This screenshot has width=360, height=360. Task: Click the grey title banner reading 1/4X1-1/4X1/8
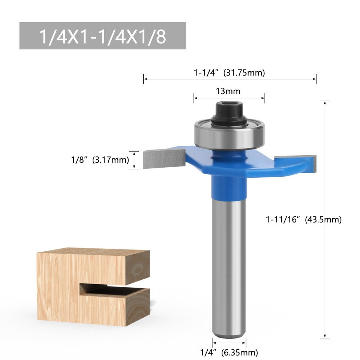tap(102, 36)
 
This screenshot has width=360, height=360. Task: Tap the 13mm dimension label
tap(228, 91)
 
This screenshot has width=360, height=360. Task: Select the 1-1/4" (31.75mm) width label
tap(229, 73)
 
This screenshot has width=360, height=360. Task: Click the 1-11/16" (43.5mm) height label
tap(304, 220)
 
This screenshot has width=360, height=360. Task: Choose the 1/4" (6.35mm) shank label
tap(229, 352)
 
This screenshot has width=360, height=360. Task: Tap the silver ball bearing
tap(229, 134)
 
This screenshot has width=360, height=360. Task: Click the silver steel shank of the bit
tap(229, 262)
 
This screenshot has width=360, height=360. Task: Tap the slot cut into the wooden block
tap(112, 291)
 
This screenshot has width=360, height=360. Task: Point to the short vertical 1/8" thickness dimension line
tap(134, 160)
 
